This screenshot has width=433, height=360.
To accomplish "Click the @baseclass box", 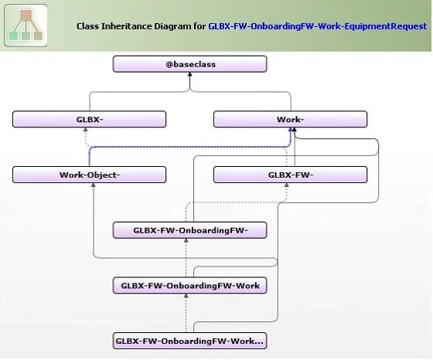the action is (x=189, y=64).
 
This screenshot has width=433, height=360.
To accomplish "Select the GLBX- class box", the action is (x=89, y=119).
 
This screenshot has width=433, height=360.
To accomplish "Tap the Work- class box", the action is (x=290, y=119).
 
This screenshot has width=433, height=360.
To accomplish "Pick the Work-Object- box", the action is (x=89, y=175).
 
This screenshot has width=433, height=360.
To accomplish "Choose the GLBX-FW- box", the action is (x=290, y=175).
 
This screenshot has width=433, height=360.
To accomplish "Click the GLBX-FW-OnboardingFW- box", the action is (x=189, y=230).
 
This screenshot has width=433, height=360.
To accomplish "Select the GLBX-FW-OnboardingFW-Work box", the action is (x=189, y=286).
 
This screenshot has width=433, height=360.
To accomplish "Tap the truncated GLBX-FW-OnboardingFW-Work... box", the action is (x=189, y=341).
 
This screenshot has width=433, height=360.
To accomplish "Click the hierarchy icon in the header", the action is (x=26, y=25).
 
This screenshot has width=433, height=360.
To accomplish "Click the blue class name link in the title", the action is (x=318, y=26).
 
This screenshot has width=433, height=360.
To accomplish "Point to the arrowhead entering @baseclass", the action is (x=189, y=74).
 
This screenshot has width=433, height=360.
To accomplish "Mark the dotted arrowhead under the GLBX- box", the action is (x=86, y=129).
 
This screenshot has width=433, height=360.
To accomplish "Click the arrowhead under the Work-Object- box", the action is (x=94, y=185).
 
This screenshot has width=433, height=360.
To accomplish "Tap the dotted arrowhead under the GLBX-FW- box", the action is (x=287, y=185).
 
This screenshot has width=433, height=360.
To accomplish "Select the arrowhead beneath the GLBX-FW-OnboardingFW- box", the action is (x=186, y=240).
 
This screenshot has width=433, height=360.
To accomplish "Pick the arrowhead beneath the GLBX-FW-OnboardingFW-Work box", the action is (x=186, y=296).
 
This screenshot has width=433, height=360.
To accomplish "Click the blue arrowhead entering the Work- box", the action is (x=291, y=129).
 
